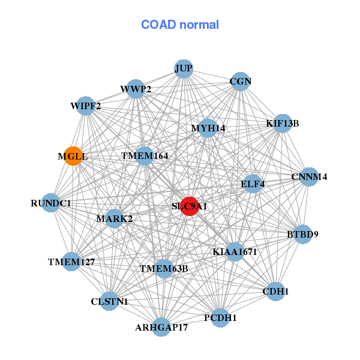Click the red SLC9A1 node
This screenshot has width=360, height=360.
(x=190, y=206)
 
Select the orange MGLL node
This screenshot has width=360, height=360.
(x=73, y=157)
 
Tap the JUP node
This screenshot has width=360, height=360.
(x=184, y=68)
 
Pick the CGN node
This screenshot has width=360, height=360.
(x=240, y=81)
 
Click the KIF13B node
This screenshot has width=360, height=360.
(x=282, y=124)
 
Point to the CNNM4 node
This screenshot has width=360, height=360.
(x=309, y=177)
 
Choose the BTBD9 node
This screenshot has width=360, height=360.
(x=302, y=234)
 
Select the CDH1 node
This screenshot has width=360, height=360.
(x=275, y=292)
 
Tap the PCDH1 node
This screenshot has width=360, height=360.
(x=220, y=317)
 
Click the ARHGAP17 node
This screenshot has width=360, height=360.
(x=161, y=327)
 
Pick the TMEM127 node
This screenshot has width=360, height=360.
(x=72, y=262)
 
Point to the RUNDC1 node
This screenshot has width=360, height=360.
(x=52, y=203)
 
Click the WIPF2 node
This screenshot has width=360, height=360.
(x=86, y=106)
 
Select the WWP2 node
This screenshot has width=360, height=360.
(x=136, y=89)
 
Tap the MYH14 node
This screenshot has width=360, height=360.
(x=208, y=128)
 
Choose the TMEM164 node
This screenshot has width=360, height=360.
(x=145, y=156)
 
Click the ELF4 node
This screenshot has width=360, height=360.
(x=253, y=183)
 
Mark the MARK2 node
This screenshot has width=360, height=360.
(x=115, y=218)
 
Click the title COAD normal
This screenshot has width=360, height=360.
(x=180, y=25)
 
